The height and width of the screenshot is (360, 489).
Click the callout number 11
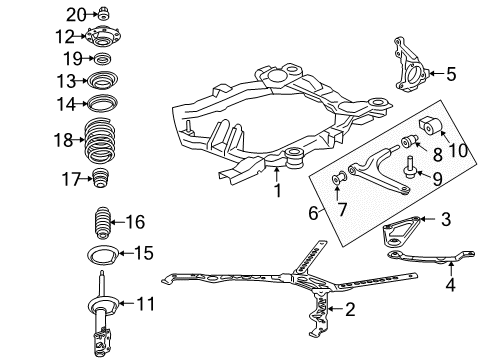tap(146, 302)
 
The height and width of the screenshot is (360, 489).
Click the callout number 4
tap(453, 284)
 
